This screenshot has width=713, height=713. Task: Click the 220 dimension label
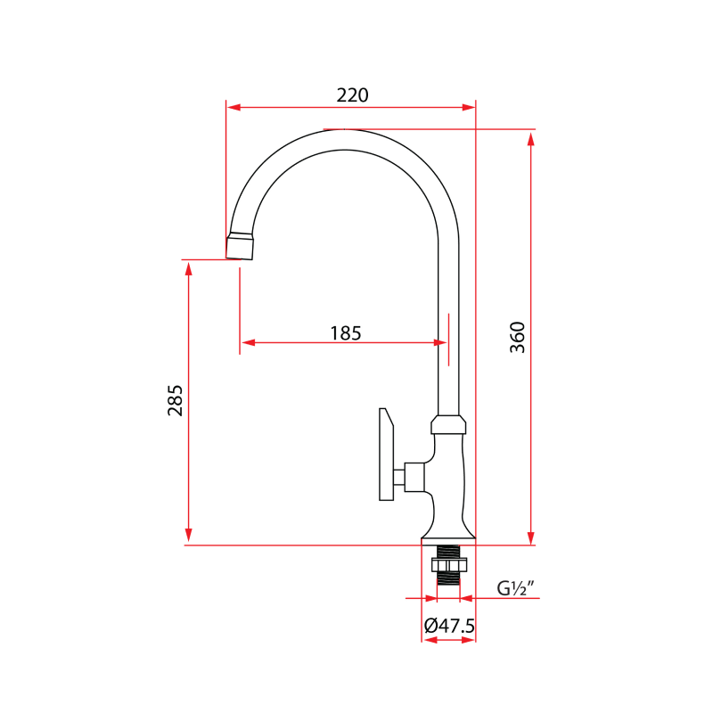coord(352,94)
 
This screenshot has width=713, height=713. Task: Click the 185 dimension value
coord(346,333)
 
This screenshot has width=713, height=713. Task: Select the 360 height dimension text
coord(518,337)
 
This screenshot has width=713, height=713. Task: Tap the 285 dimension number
coord(175,400)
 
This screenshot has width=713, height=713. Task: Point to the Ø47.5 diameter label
coord(449,626)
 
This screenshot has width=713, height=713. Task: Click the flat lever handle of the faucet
coord(386,455)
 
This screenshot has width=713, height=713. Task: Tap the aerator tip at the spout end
coord(241,247)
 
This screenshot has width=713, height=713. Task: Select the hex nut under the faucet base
coord(448,564)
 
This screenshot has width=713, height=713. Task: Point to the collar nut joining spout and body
coord(448,424)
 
